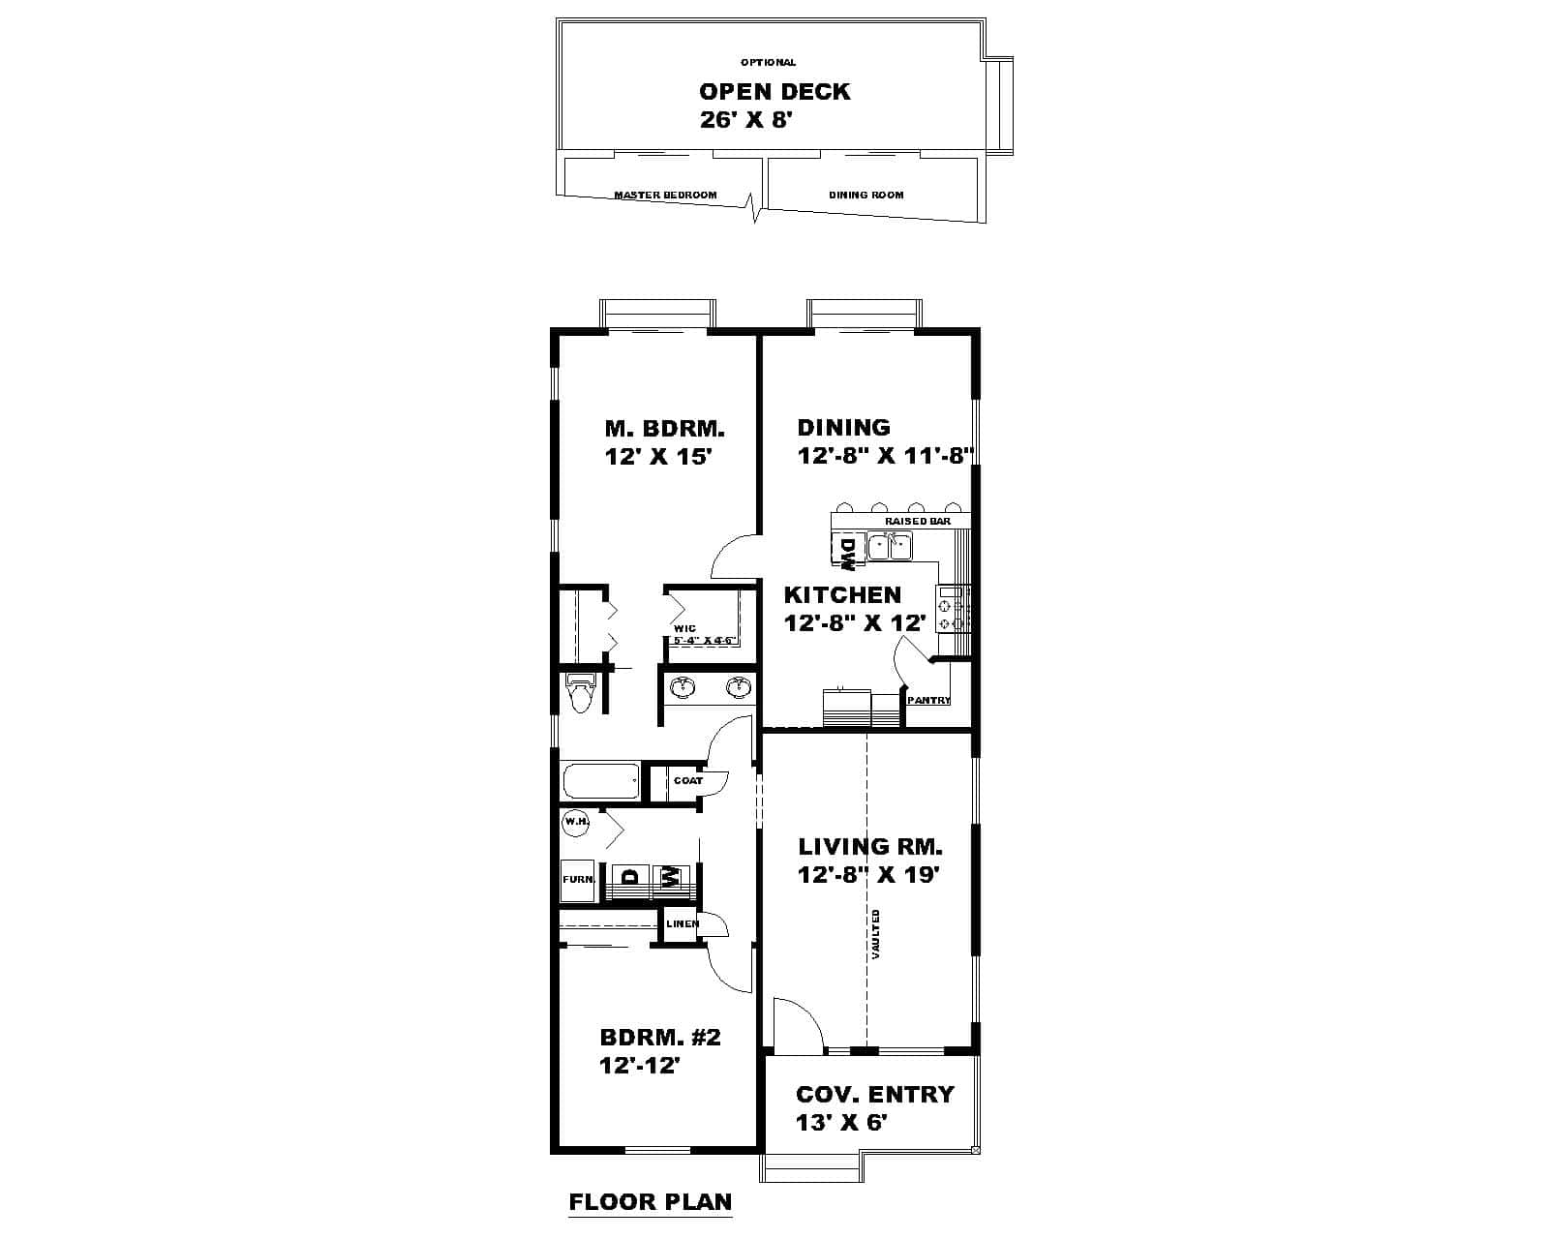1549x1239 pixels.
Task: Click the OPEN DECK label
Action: point(774,92)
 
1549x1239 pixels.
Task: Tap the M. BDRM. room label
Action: point(664,428)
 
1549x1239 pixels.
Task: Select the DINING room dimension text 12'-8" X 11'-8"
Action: point(885,456)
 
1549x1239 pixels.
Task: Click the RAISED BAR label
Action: point(917,521)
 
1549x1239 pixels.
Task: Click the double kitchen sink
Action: point(890,548)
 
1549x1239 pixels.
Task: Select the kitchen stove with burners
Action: point(953,608)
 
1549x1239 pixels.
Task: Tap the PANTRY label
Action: point(928,700)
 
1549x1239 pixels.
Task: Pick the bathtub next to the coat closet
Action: point(600,781)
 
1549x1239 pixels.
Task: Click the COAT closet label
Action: point(688,780)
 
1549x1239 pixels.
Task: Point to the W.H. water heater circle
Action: point(577,822)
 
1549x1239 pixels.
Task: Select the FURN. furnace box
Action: point(578,880)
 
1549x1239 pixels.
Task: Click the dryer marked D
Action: point(631,878)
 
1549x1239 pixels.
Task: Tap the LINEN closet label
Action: point(683,923)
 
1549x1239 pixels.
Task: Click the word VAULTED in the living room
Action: point(875,934)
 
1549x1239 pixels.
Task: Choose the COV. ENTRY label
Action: point(874,1095)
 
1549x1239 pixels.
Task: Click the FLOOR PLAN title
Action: point(650,1202)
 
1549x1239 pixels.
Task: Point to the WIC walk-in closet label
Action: point(683,628)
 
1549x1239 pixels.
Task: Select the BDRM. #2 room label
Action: point(660,1038)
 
